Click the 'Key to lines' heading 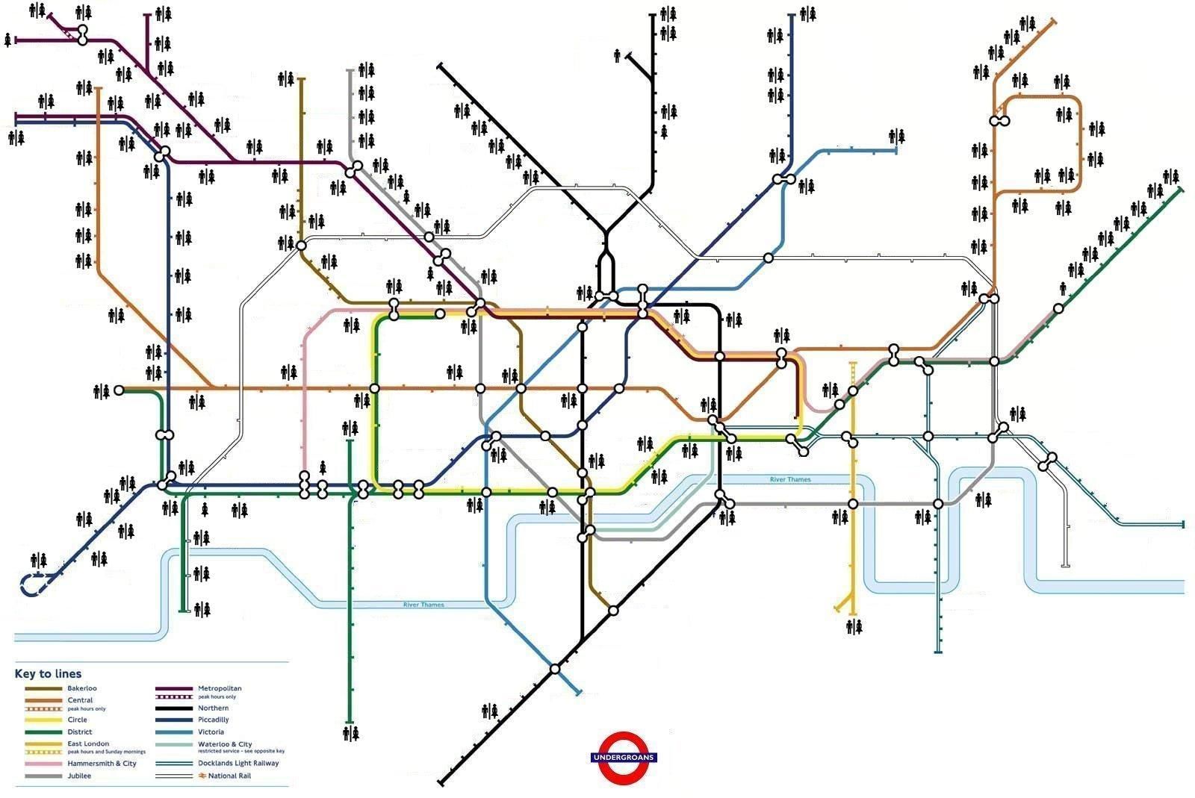coord(48,673)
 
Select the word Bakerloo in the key coord(81,688)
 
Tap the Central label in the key coord(80,700)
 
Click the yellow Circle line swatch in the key coord(43,720)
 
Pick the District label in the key coord(79,732)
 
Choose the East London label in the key coord(88,744)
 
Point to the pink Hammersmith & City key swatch coord(43,764)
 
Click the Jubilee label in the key coord(79,776)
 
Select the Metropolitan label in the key coord(220,688)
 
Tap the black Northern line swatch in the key coord(174,708)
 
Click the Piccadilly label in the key coord(213,720)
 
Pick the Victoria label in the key coord(211,732)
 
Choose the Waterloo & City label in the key coord(225,744)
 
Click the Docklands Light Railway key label coord(238,764)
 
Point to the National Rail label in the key coord(229,776)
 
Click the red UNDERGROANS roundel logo coord(623,758)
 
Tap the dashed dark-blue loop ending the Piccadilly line coord(32,585)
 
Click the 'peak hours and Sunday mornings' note coord(106,752)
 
